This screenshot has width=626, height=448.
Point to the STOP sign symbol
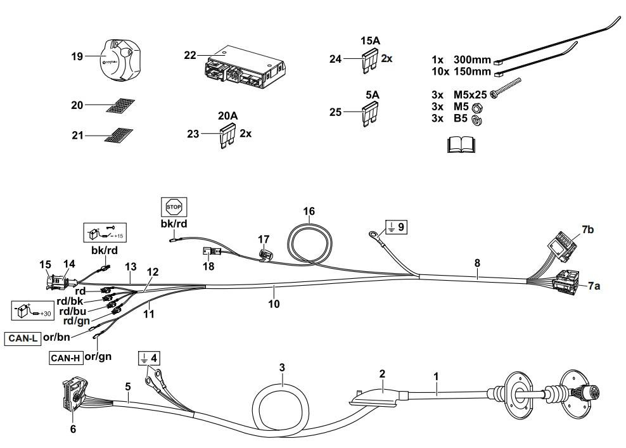pos(174,206)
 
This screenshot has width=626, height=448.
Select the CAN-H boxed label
pos(66,358)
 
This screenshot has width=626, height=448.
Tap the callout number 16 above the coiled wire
pos(309,211)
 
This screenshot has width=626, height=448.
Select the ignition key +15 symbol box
pos(105,233)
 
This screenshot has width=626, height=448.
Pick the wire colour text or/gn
pos(98,356)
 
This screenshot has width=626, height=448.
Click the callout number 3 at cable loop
pos(282,367)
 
